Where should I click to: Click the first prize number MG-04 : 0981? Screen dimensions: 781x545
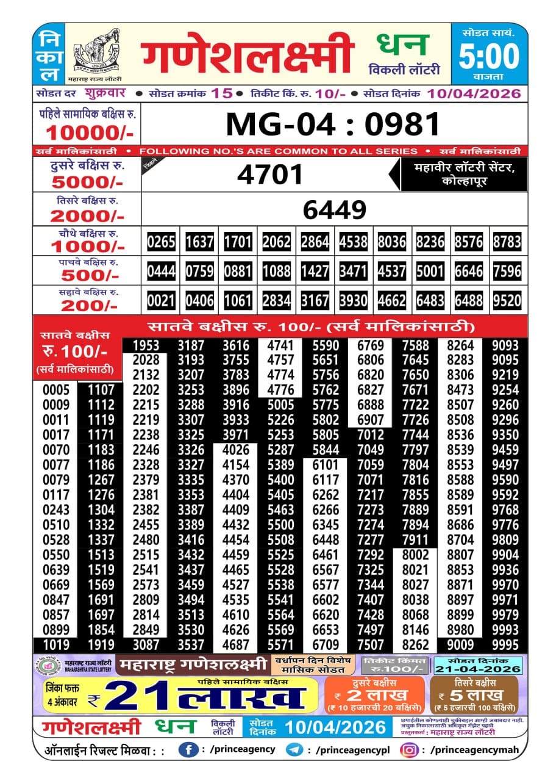tap(333, 124)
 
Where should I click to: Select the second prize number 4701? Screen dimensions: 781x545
tap(270, 175)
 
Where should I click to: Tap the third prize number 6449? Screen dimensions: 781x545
tap(334, 210)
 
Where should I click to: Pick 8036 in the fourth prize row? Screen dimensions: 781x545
tap(391, 242)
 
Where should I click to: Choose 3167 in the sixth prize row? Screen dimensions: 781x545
tap(315, 300)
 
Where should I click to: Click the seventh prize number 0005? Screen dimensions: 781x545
tap(55, 390)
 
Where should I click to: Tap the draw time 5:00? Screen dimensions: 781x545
tap(489, 57)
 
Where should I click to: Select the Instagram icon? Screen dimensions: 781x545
tap(411, 749)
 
